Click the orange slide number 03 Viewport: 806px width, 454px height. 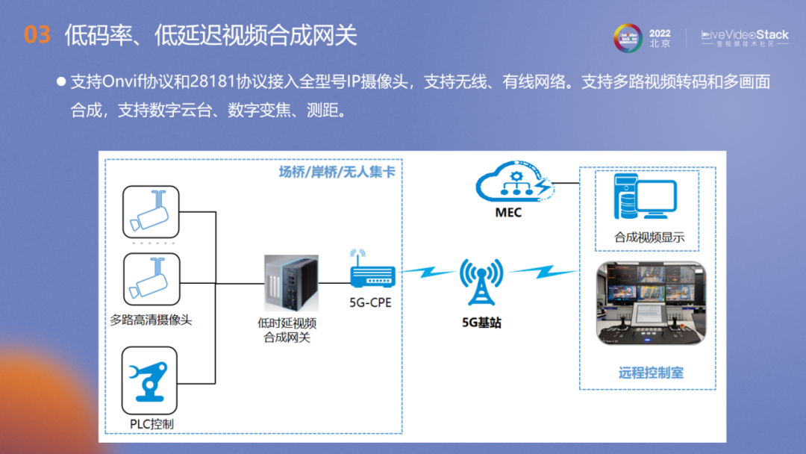37,35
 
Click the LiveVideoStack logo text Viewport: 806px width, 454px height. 744,34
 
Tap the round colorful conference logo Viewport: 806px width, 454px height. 628,38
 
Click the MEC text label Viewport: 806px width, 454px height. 508,213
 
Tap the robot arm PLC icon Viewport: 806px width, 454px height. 150,379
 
